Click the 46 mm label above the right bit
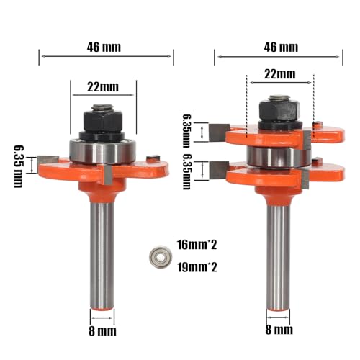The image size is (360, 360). [x=279, y=47]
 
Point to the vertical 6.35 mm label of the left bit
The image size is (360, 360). [x=18, y=166]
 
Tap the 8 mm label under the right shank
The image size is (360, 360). [x=279, y=332]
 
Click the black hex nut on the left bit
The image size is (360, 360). [x=103, y=119]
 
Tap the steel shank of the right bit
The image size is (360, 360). [x=277, y=252]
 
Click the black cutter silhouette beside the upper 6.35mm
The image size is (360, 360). [x=215, y=132]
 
